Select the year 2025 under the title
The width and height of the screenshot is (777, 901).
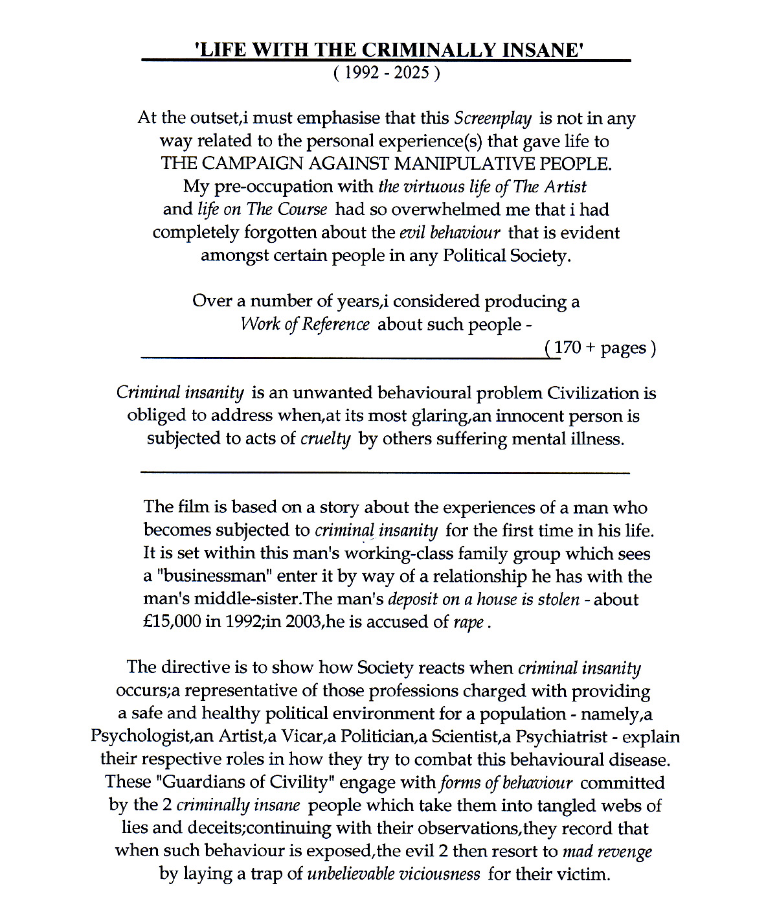[412, 73]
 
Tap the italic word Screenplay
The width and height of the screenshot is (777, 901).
[493, 119]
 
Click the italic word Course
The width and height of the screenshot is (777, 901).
[303, 210]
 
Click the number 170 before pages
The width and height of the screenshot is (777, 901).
[568, 348]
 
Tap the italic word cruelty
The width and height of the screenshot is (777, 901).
[326, 439]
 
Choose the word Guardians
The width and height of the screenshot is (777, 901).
[197, 782]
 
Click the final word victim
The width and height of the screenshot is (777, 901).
[581, 874]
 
